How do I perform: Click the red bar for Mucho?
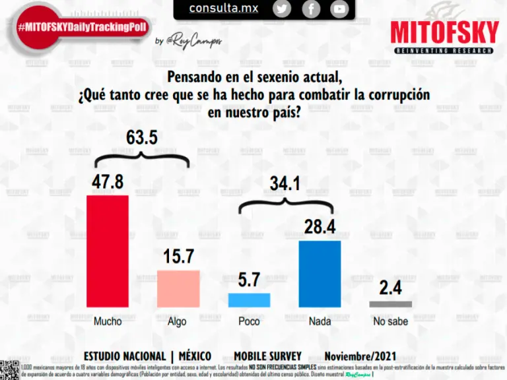[x=108, y=251]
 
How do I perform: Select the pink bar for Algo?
[x=178, y=288]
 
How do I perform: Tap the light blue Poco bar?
[x=249, y=300]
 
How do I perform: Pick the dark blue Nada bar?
[x=320, y=273]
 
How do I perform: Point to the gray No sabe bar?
[x=390, y=304]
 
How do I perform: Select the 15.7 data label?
[x=178, y=256]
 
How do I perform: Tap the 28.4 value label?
[x=320, y=227]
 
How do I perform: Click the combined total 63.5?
[x=142, y=138]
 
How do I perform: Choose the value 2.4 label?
[x=390, y=288]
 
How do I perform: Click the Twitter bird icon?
[x=282, y=9]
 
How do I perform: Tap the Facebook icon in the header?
[x=311, y=9]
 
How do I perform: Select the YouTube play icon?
[x=339, y=9]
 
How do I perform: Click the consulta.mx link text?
[x=224, y=9]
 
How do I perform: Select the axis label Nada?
[x=320, y=321]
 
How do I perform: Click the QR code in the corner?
[x=9, y=370]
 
